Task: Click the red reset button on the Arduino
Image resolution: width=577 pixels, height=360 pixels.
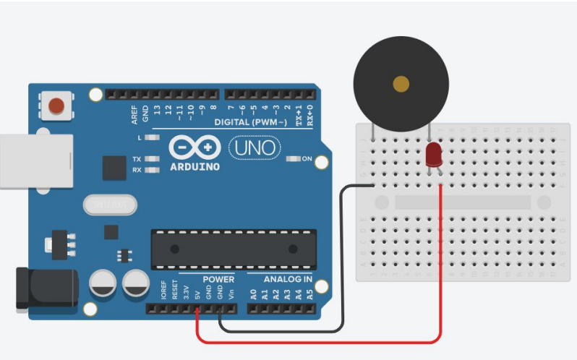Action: tap(56, 108)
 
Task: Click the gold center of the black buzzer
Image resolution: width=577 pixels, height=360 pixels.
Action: tap(401, 85)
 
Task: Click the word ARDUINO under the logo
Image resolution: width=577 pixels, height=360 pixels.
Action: tap(194, 167)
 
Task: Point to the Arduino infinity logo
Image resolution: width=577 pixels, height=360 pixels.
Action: tap(193, 147)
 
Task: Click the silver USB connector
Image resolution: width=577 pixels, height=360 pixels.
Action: tap(35, 160)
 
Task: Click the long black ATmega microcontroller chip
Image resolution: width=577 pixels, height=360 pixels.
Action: tap(234, 249)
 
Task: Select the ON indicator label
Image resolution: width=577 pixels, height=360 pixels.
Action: tap(307, 159)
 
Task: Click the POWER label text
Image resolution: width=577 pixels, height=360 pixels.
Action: tap(218, 279)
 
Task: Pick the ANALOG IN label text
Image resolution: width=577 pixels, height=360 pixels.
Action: tap(287, 279)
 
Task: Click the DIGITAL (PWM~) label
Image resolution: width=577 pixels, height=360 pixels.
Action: tap(252, 122)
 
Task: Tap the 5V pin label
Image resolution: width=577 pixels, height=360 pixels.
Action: tap(196, 294)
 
